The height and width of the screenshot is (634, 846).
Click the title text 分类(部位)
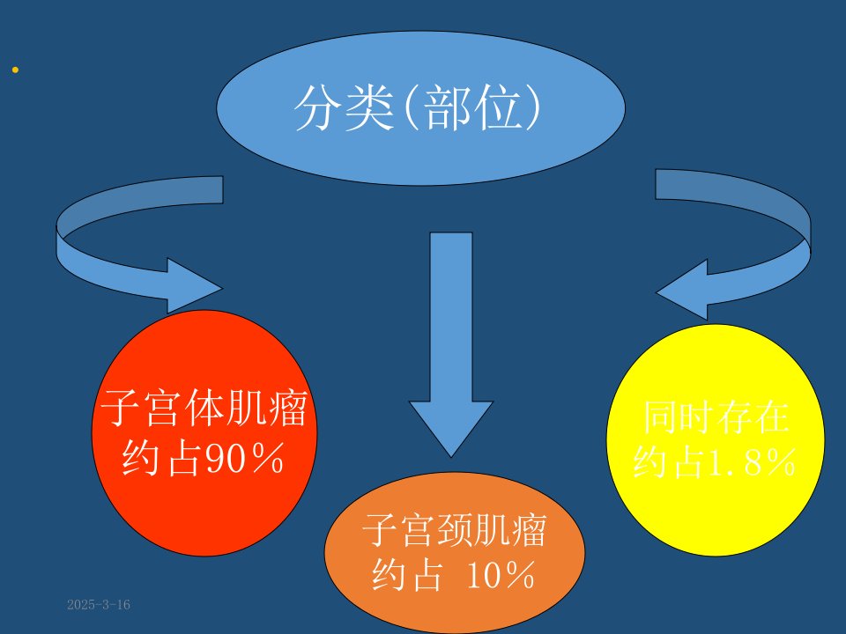click(x=417, y=107)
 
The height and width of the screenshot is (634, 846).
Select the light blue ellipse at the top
click(x=421, y=107)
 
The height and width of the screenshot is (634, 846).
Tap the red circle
click(x=204, y=433)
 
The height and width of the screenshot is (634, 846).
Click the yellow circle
click(x=716, y=440)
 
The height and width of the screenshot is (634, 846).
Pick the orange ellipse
click(x=455, y=553)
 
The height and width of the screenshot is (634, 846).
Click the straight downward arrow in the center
click(x=451, y=345)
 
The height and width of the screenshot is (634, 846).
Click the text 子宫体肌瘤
click(x=204, y=408)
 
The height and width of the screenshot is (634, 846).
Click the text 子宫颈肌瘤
click(x=455, y=530)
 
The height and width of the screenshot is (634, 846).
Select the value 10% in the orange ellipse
click(x=500, y=575)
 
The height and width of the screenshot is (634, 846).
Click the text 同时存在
click(x=716, y=417)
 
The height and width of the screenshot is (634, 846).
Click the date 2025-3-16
click(x=99, y=604)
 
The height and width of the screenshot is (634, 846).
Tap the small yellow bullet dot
click(x=15, y=70)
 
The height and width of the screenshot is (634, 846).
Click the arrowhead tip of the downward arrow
click(x=451, y=457)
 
